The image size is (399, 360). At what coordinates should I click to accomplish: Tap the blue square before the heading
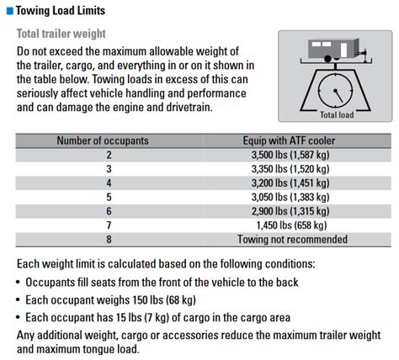coord(8,11)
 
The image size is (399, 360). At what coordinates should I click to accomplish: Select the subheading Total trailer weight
coord(62,34)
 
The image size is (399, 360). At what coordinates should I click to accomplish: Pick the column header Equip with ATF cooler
coord(289,140)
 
